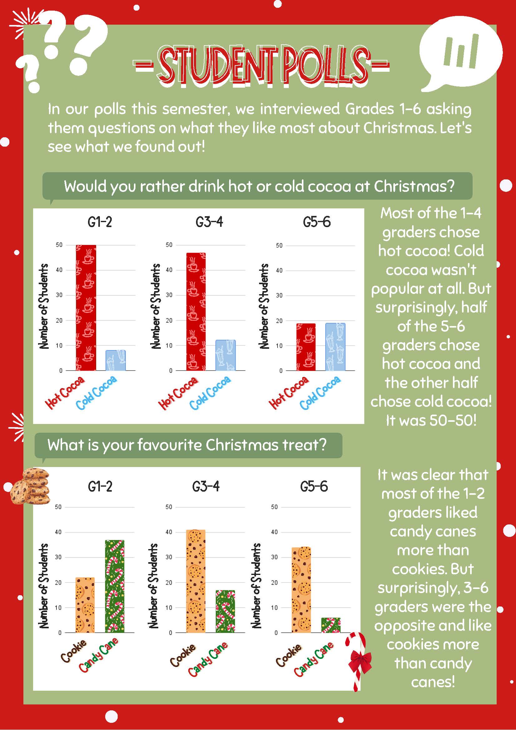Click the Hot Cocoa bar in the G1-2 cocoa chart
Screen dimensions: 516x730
tap(86, 308)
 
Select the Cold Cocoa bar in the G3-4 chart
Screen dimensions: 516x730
tap(226, 355)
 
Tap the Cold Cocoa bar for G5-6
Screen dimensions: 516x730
tap(335, 347)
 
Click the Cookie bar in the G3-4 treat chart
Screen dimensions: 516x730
tap(196, 581)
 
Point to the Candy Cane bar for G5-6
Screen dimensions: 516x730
tap(331, 625)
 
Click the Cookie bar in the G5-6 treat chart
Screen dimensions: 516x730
tap(301, 590)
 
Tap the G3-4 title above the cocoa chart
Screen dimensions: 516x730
tap(209, 222)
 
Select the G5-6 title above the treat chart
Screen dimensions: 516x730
tap(314, 486)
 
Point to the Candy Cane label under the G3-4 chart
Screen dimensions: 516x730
tap(208, 659)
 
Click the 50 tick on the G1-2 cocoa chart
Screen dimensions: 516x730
tap(59, 245)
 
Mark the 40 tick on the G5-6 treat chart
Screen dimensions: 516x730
tap(274, 532)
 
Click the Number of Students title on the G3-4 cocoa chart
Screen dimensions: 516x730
tap(155, 306)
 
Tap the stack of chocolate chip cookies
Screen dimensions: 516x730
tap(30, 486)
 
